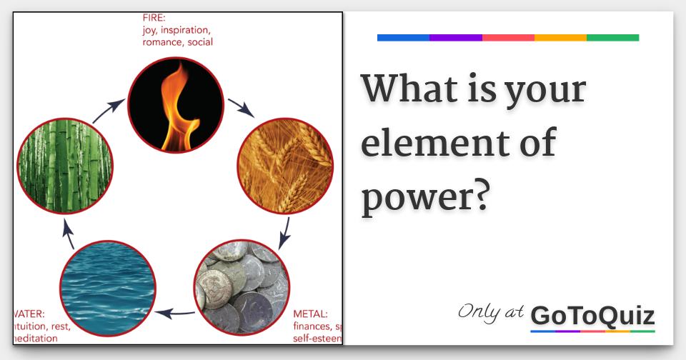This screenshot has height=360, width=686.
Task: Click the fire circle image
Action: pos(175,104)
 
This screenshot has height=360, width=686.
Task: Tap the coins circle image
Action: pos(242,288)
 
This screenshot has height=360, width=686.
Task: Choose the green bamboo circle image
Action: pos(64,166)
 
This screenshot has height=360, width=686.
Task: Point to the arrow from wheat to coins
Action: pos(284,230)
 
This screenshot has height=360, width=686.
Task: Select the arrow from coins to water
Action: pos(176,312)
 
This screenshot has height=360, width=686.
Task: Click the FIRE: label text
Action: pos(155,18)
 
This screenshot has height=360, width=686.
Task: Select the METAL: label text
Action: pos(311,314)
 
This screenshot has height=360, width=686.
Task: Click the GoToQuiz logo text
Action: pos(593,315)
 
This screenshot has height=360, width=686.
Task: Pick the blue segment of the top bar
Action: pos(403,38)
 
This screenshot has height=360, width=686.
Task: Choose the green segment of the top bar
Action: pos(612,38)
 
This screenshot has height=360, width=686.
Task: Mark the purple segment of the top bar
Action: pos(456,38)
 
